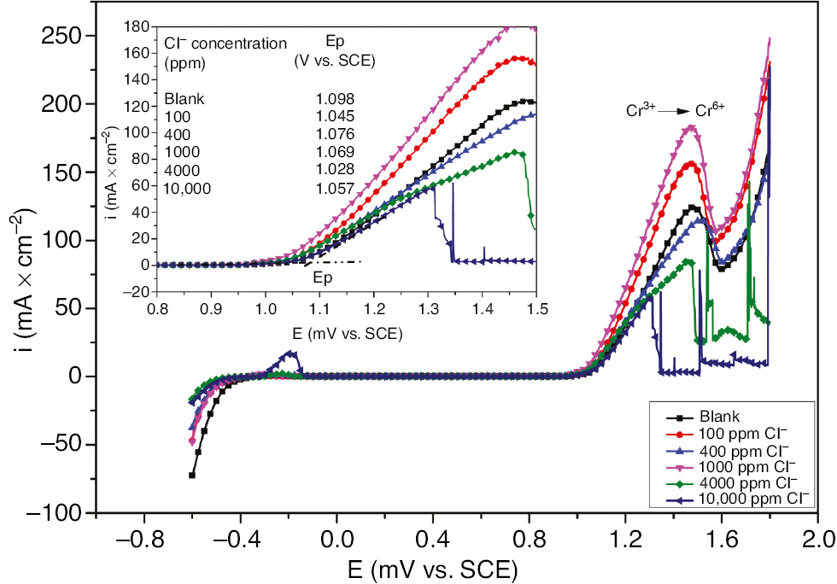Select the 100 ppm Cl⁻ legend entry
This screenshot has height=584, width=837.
coord(739,435)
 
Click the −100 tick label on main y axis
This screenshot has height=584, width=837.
coord(55,512)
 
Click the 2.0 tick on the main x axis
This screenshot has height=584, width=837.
coord(818,540)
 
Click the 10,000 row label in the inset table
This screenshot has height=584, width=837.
coord(187,188)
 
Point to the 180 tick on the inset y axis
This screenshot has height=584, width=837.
coord(140,26)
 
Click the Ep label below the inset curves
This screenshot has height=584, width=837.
coord(322,277)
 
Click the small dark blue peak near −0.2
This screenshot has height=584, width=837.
coord(291,353)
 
